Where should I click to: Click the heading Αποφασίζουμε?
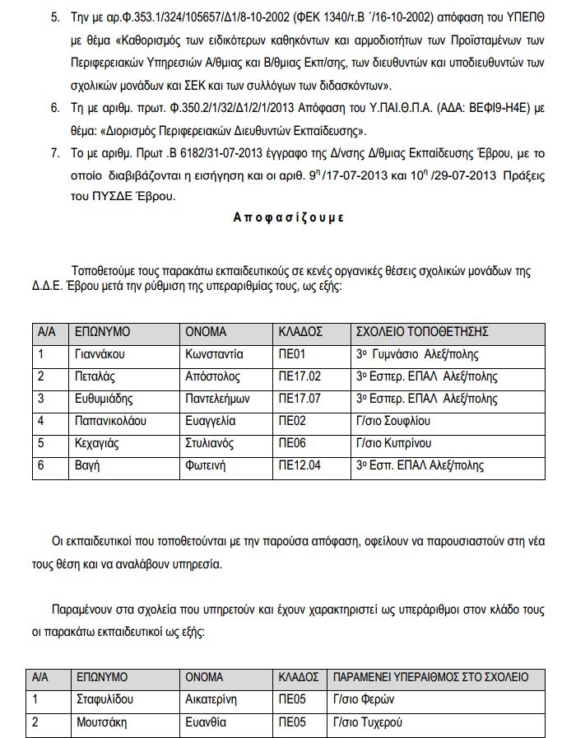288,218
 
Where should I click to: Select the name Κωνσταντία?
213,355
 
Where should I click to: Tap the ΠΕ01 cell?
292,355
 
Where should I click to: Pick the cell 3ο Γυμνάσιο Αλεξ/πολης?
416,355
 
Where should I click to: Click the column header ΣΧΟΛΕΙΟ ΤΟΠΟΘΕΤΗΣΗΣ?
421,332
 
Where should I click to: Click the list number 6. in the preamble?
56,108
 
